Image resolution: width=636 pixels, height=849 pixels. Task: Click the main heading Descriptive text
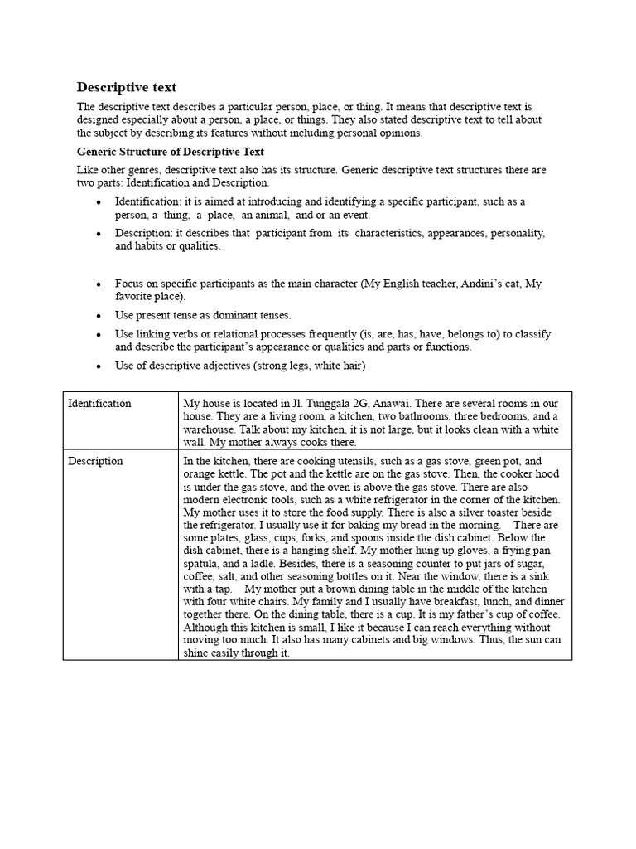pyautogui.click(x=127, y=87)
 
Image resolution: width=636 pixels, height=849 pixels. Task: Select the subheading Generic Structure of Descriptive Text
pyautogui.click(x=171, y=152)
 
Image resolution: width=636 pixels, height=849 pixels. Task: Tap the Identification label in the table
pyautogui.click(x=99, y=403)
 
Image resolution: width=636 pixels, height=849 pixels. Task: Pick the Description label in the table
pyautogui.click(x=95, y=461)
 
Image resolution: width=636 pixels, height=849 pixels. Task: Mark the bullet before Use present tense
pyautogui.click(x=99, y=316)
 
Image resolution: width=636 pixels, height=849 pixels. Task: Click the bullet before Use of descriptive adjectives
pyautogui.click(x=99, y=366)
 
